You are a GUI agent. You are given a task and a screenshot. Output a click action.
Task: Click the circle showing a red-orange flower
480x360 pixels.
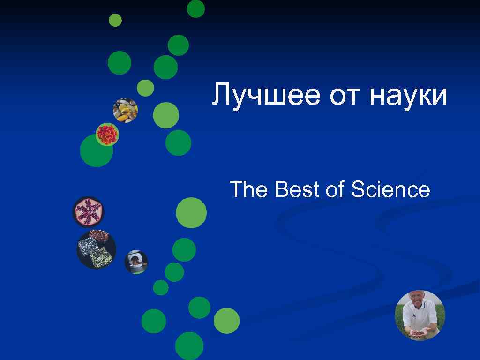[x=107, y=135]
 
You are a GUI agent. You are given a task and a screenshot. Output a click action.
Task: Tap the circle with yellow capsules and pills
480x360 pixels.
[x=125, y=110]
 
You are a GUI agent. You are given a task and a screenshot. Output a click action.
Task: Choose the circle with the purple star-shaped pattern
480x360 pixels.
[x=88, y=211]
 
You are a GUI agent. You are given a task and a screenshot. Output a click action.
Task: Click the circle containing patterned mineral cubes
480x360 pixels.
[x=96, y=249]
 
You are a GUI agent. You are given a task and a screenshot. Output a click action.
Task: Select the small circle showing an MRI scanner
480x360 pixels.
[x=136, y=262]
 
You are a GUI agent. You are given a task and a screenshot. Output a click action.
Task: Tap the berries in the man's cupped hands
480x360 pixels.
[x=417, y=332]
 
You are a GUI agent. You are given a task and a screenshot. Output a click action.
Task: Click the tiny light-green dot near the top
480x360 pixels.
[x=115, y=20]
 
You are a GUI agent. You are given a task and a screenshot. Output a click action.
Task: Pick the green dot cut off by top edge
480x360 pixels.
[x=196, y=8]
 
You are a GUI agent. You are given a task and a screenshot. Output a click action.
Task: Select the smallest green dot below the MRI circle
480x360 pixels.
[x=161, y=287]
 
